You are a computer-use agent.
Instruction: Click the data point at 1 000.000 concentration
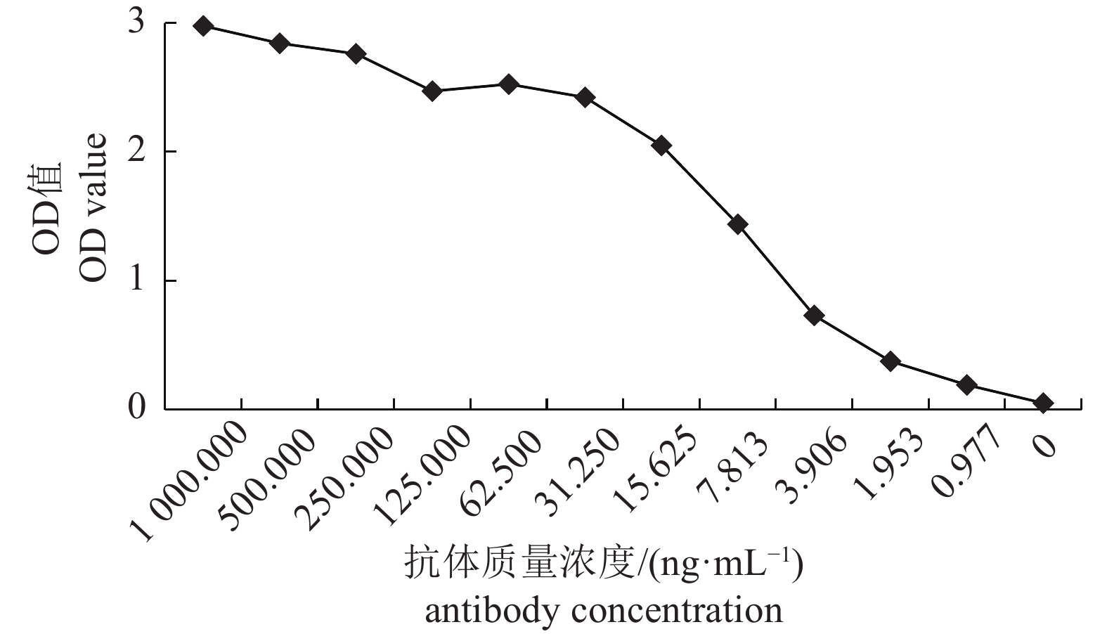coord(203,27)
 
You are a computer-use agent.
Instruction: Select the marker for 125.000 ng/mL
coord(432,91)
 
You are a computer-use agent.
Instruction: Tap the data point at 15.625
coord(661,145)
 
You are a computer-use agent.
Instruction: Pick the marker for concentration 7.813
coord(738,225)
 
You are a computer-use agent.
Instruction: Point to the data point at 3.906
coord(814,315)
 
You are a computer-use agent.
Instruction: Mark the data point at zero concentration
coord(1043,403)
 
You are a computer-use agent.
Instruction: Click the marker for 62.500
coord(508,84)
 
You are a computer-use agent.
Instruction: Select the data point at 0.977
coord(967,384)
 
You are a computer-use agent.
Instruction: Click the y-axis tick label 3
coord(136,22)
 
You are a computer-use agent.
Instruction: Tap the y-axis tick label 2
coord(136,151)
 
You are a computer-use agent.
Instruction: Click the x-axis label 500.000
coord(266,474)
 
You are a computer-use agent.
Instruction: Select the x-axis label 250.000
coord(344,474)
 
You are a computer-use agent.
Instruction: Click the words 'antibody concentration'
coord(603,610)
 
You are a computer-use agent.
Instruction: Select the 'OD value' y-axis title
coord(93,207)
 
